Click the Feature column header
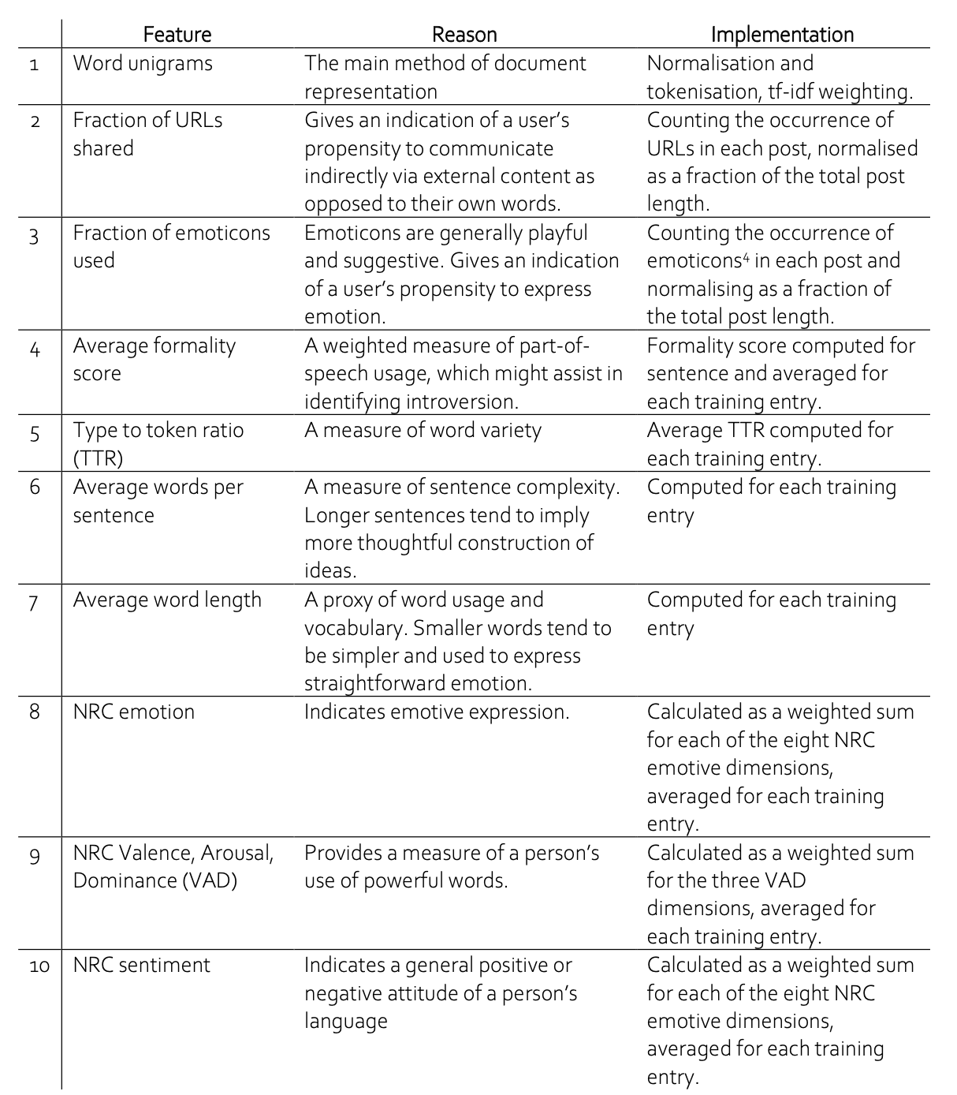tap(177, 35)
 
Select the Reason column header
tap(464, 35)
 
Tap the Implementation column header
tap(781, 35)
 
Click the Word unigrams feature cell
tap(143, 63)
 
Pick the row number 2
tap(34, 121)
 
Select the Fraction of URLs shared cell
tap(147, 134)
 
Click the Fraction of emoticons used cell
tap(171, 246)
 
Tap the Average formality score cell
tap(154, 359)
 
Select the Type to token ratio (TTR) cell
tap(158, 443)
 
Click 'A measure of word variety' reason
tap(423, 431)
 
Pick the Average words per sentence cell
tap(158, 500)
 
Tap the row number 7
tap(34, 602)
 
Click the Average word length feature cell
tap(167, 600)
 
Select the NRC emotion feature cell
tap(133, 712)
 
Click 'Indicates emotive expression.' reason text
tap(436, 712)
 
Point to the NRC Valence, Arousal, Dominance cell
tap(173, 866)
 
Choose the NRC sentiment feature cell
tap(141, 965)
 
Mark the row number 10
tap(39, 966)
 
